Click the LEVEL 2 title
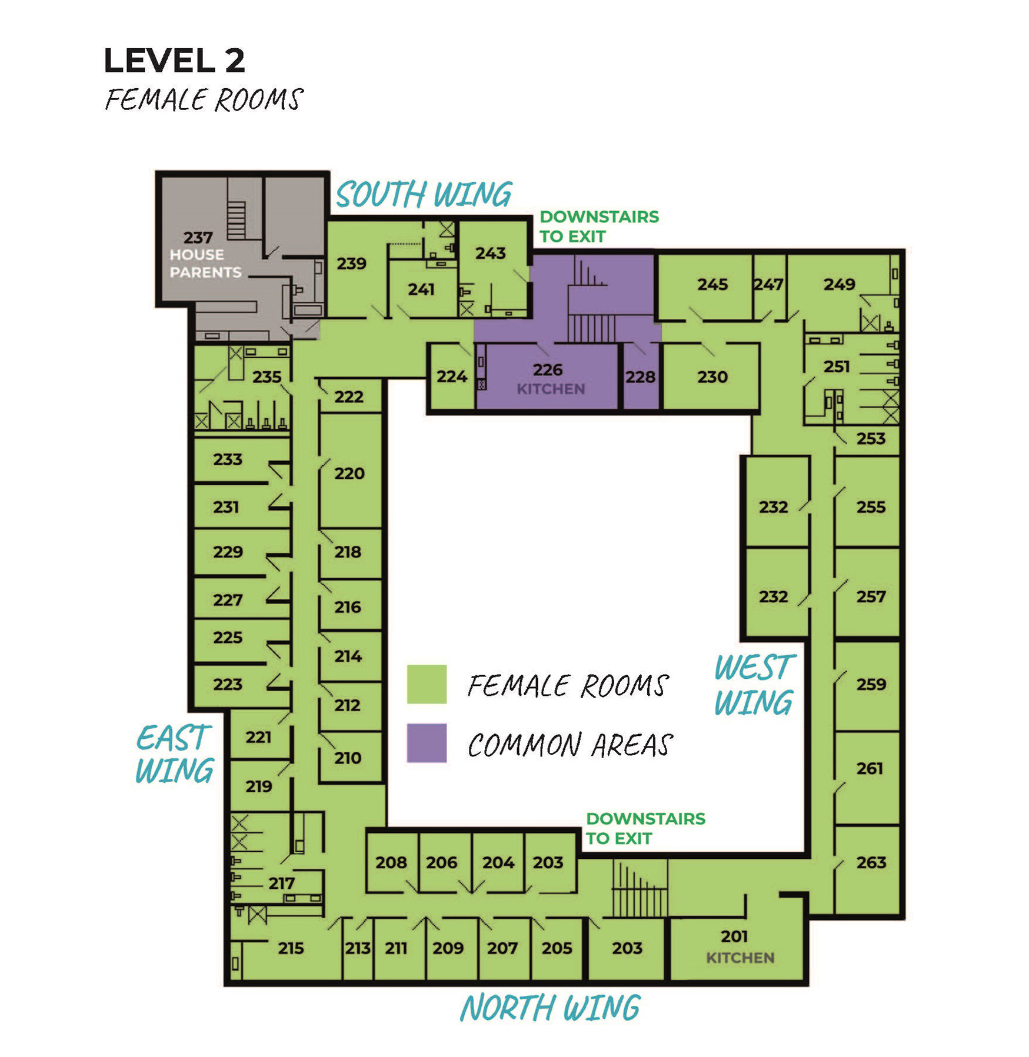tap(174, 61)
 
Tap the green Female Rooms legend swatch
tap(427, 684)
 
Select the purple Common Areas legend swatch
tap(427, 743)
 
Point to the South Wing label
tap(424, 195)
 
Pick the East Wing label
tap(174, 755)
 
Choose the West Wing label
tap(755, 685)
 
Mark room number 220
tap(349, 474)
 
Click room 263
tap(867, 871)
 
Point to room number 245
tap(712, 285)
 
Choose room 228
tap(641, 376)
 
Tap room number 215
tap(291, 948)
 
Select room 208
tap(392, 863)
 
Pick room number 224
tap(451, 376)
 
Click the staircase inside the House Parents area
tap(237, 220)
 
